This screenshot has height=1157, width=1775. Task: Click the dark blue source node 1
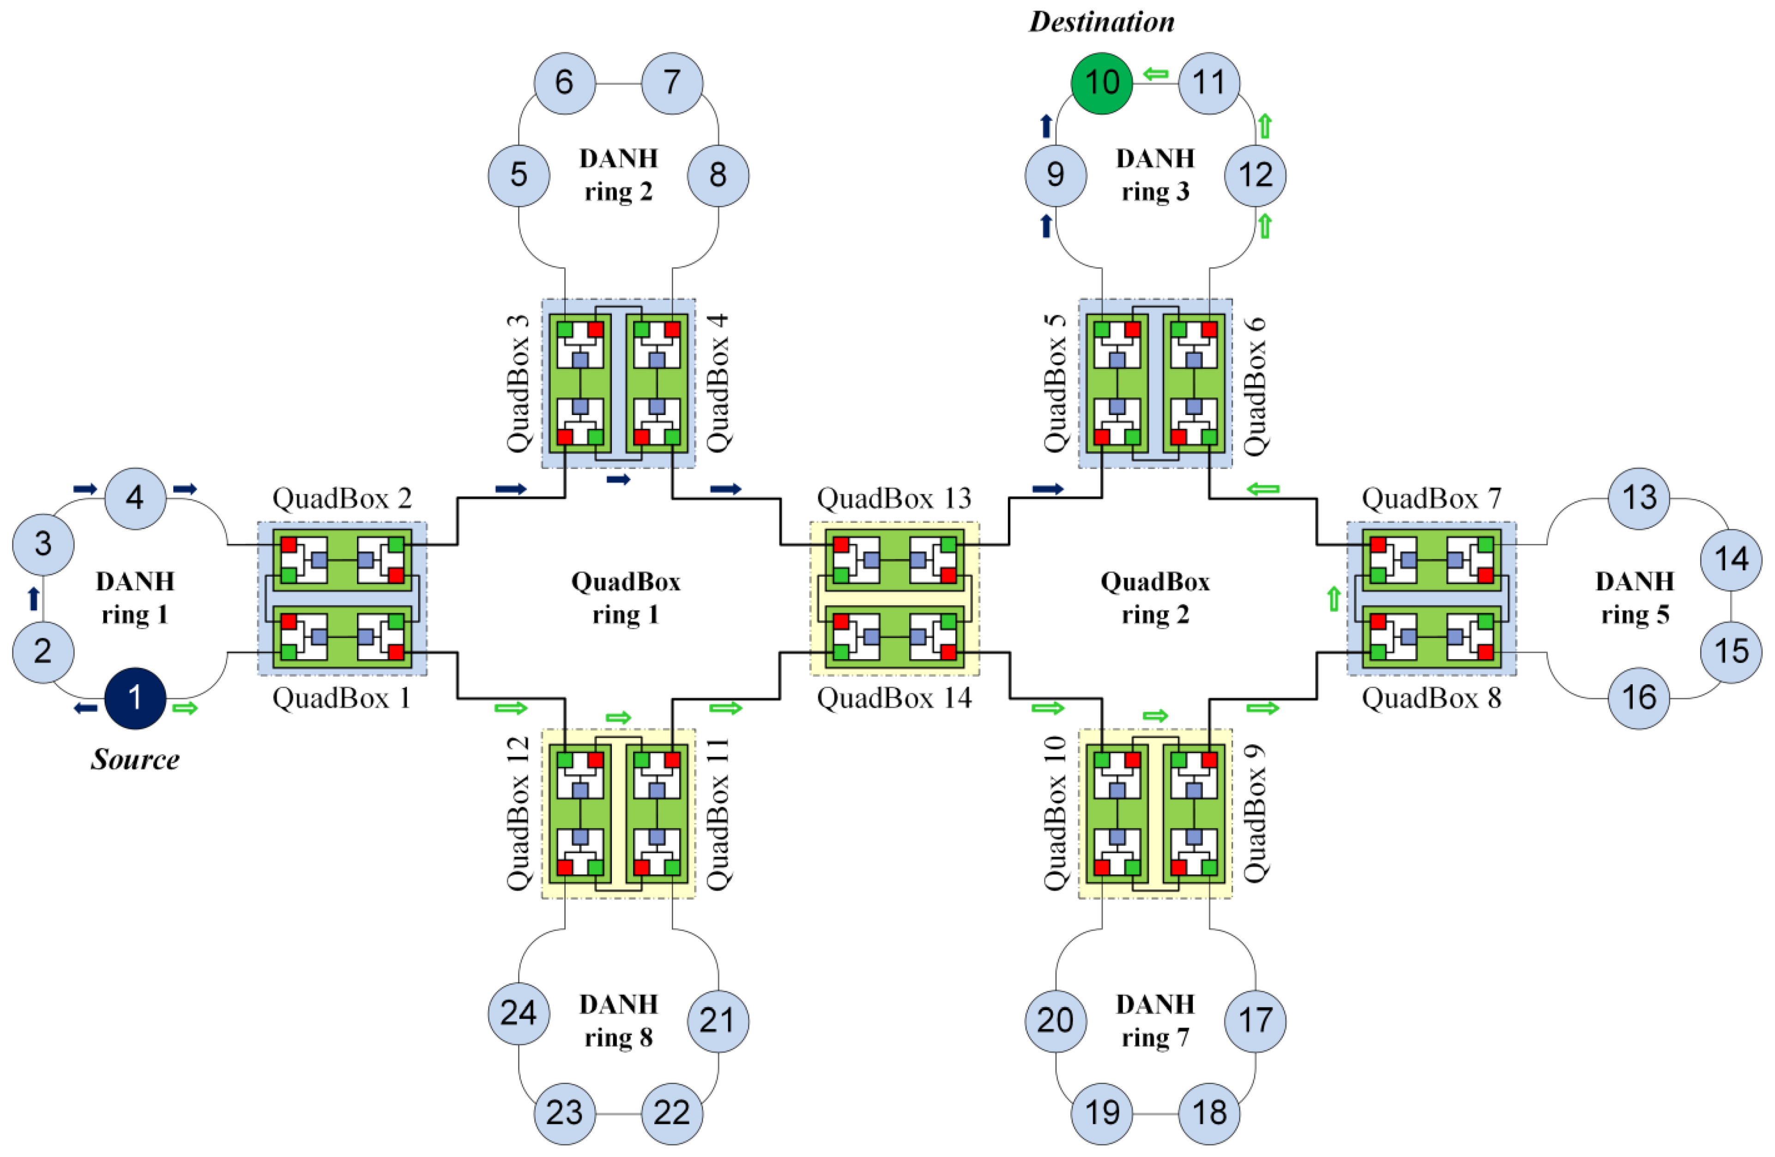pyautogui.click(x=135, y=698)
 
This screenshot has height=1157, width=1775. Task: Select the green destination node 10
pyautogui.click(x=1102, y=83)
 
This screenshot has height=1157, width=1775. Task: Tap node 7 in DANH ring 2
pyautogui.click(x=672, y=83)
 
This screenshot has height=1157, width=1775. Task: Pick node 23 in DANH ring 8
pyautogui.click(x=565, y=1113)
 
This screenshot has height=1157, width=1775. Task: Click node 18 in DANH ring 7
pyautogui.click(x=1209, y=1113)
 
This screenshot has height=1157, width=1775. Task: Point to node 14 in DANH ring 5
pyautogui.click(x=1731, y=559)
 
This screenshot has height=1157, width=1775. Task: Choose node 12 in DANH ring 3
pyautogui.click(x=1255, y=175)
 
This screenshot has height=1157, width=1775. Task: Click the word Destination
pyautogui.click(x=1102, y=22)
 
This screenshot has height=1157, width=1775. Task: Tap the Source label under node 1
pyautogui.click(x=135, y=759)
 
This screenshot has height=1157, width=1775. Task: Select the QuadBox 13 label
pyautogui.click(x=894, y=498)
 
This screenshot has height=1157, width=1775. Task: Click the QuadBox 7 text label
pyautogui.click(x=1431, y=498)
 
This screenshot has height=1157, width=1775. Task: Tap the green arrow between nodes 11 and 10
pyautogui.click(x=1155, y=74)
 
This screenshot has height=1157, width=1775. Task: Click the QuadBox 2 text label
pyautogui.click(x=342, y=498)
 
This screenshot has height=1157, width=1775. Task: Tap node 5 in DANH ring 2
pyautogui.click(x=519, y=175)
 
